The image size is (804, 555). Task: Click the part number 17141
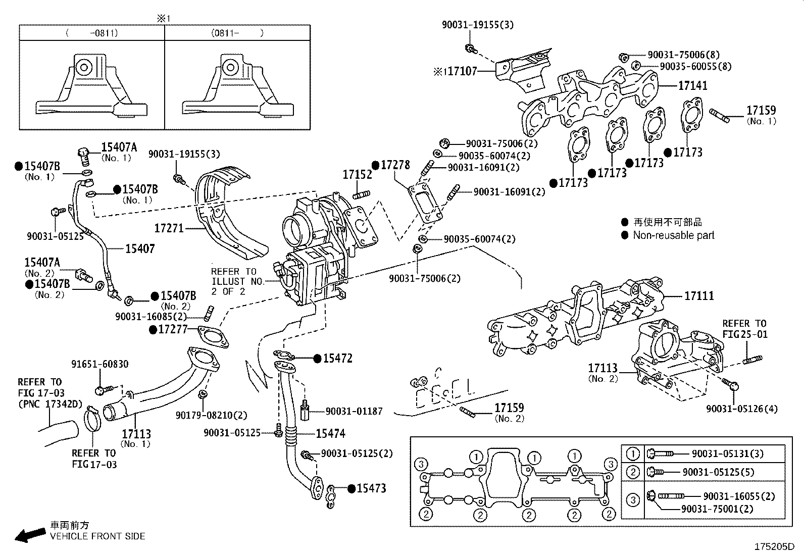click(x=692, y=86)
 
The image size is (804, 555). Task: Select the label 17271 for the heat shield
click(x=168, y=228)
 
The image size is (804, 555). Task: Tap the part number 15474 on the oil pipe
click(x=331, y=433)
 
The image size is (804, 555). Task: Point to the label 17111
click(x=699, y=296)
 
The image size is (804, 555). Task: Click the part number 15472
click(x=338, y=359)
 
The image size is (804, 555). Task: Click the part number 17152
click(x=357, y=175)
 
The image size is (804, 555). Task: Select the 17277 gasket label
click(x=173, y=330)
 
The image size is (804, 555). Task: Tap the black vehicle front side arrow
click(x=29, y=535)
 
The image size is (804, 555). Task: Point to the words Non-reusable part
click(x=674, y=235)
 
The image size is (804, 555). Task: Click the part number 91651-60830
click(x=99, y=364)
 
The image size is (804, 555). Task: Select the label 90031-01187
click(x=354, y=412)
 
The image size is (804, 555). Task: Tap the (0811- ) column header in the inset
click(x=237, y=33)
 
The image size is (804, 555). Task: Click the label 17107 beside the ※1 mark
click(x=462, y=71)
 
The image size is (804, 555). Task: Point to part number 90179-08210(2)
click(x=211, y=415)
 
